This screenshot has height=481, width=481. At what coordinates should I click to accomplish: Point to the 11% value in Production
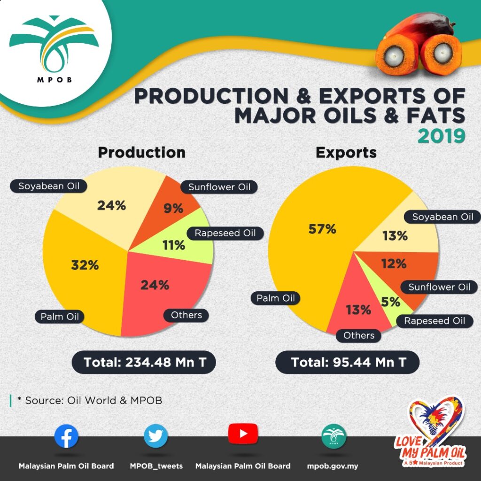(174, 245)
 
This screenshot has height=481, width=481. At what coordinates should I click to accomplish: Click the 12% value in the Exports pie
(394, 264)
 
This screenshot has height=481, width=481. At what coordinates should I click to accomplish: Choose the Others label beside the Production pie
(186, 315)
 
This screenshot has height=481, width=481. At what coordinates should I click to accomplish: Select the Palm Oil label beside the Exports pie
(275, 298)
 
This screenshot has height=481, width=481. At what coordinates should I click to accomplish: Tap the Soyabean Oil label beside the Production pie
(49, 186)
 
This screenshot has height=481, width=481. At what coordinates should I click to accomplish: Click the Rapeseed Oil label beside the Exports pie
(434, 321)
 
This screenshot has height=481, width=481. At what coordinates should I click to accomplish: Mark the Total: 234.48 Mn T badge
(144, 362)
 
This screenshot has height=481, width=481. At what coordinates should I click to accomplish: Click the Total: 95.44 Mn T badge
(347, 362)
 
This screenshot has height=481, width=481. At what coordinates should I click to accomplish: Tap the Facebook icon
(66, 436)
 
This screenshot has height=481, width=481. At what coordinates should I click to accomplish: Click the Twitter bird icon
(156, 436)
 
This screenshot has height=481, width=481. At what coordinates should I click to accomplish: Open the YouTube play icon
(243, 434)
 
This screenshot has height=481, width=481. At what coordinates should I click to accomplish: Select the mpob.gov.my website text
(333, 466)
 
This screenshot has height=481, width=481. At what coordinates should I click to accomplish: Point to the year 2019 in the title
(442, 137)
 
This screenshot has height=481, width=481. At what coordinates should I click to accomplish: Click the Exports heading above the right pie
(346, 153)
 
